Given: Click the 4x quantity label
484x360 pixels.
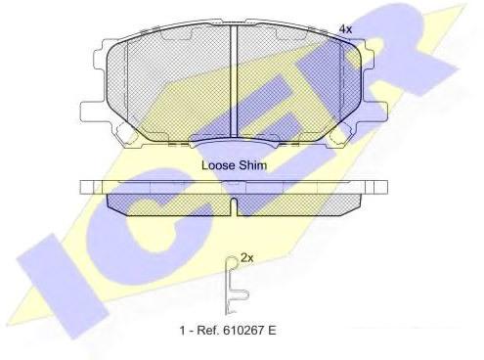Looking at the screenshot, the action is [345, 29].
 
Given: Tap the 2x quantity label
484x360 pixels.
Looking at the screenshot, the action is [246, 258].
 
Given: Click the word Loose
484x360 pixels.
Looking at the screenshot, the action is [217, 165].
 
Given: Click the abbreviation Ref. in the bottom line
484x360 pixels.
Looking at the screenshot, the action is [208, 331].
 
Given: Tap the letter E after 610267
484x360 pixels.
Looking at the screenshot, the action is [272, 331].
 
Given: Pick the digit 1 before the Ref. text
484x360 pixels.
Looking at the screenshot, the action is [183, 331].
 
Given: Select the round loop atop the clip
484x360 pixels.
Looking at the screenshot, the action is [232, 261].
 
